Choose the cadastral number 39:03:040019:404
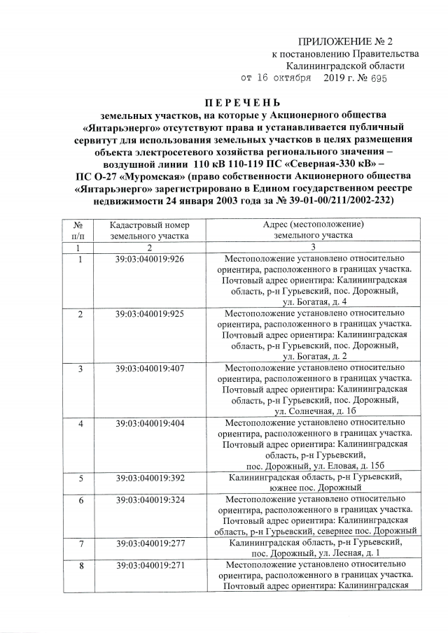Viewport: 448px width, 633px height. [x=150, y=424]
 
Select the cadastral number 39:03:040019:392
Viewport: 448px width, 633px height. [x=150, y=478]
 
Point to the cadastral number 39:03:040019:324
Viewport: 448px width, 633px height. [x=150, y=501]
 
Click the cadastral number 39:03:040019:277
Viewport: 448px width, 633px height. [x=150, y=543]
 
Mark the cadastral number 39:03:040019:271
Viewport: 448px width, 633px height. [x=150, y=566]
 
